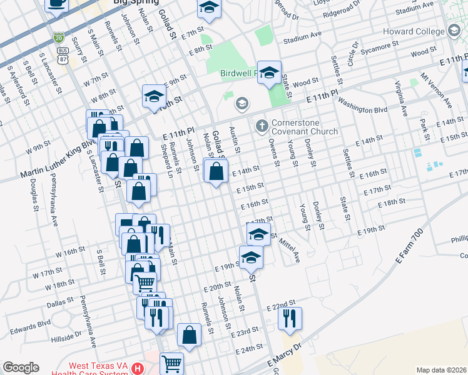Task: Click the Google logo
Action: click(x=20, y=367)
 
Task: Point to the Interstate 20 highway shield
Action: click(x=59, y=37)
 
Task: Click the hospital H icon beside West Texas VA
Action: click(x=138, y=370)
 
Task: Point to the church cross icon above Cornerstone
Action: click(x=262, y=126)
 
